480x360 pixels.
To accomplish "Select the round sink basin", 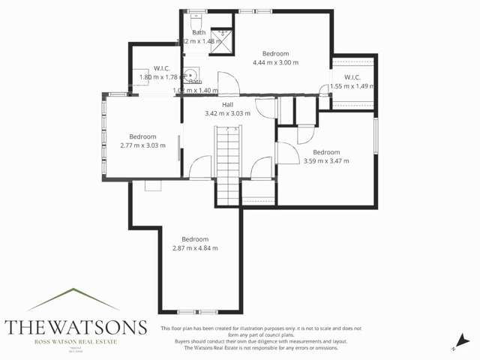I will point(191,75).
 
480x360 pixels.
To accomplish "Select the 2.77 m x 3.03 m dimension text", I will point(142,145).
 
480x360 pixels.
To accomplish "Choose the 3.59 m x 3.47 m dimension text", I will point(326,161).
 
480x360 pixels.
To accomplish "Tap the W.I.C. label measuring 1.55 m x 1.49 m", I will point(352,78).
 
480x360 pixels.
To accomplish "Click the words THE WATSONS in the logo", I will point(75,327).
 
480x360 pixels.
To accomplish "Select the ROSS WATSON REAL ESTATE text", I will point(75,342).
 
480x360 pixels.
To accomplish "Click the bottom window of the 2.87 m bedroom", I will point(197,311).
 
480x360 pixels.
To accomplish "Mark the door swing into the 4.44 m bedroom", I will point(227,83).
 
